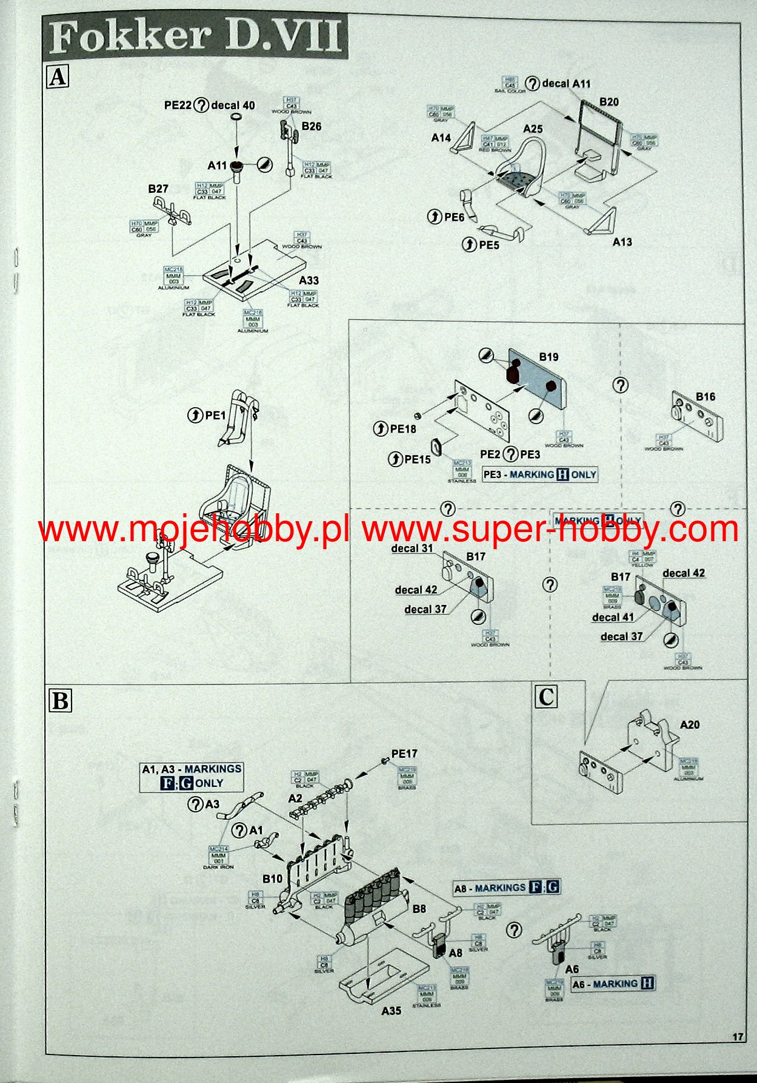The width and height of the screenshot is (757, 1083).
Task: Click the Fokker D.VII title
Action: (x=195, y=38)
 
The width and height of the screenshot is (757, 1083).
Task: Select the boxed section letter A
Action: (x=58, y=77)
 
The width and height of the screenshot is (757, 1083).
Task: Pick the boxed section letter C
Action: (x=545, y=697)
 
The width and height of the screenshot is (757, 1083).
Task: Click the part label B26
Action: (x=311, y=126)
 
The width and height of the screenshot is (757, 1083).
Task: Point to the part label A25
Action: (x=533, y=129)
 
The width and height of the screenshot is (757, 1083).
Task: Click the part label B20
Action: (x=609, y=102)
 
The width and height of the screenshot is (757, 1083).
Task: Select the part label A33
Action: (x=308, y=280)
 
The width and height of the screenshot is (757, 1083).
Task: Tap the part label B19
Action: (x=549, y=357)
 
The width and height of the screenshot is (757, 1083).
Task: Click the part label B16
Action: (x=705, y=397)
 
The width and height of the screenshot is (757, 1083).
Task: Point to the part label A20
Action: (x=690, y=724)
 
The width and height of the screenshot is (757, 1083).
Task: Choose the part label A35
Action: (x=391, y=1011)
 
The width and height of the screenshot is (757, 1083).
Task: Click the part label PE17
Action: (x=404, y=754)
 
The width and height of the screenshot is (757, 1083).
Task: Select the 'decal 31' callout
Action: (x=412, y=548)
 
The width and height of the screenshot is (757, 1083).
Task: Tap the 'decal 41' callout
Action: (x=613, y=617)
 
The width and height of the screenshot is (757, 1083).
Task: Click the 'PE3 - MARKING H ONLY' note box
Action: (x=540, y=474)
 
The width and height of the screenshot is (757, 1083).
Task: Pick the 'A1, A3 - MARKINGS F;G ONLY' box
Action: (x=192, y=776)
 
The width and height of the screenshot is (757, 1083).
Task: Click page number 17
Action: (x=738, y=1037)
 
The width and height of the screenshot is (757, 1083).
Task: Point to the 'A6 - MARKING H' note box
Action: (x=613, y=983)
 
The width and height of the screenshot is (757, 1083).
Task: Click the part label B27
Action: (x=158, y=189)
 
